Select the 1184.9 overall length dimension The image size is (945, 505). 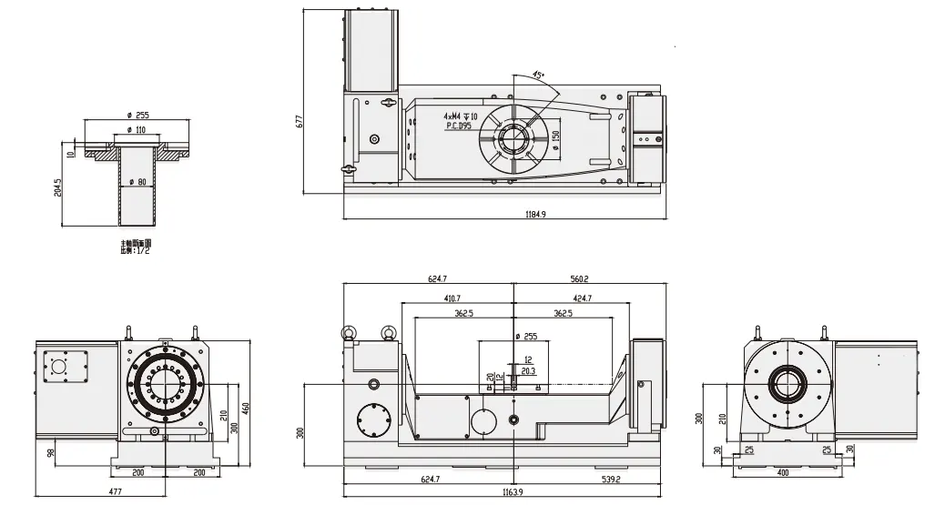pos(535,215)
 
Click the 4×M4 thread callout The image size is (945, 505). pos(461,116)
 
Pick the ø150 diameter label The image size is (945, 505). pos(554,141)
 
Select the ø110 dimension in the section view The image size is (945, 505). pos(137,131)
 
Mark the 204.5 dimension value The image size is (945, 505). pos(59,188)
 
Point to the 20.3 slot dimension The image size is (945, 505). pos(530,371)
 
